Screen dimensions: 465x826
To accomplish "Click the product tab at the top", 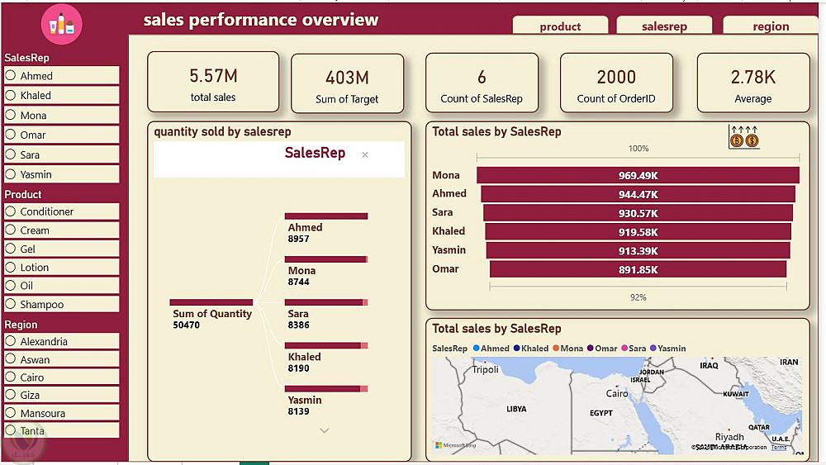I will click(560, 26).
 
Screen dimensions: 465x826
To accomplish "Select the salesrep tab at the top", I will click(664, 26).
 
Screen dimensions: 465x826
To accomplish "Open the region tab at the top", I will click(770, 26).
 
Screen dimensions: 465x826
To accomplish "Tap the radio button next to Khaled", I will click(12, 95).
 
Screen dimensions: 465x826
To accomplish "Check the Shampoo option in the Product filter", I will click(12, 304).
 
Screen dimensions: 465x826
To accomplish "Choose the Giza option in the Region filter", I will click(12, 395).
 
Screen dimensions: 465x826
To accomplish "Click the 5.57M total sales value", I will click(213, 76).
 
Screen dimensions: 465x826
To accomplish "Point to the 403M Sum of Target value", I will click(347, 78).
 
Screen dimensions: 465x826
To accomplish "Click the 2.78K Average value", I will click(752, 77).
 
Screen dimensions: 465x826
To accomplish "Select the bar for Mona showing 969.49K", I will click(638, 175).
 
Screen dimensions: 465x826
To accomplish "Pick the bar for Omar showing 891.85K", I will click(638, 269).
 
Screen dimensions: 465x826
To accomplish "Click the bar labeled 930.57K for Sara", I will click(638, 213).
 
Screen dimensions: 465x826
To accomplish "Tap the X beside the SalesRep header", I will click(365, 154).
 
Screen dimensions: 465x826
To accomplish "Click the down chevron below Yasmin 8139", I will click(324, 430).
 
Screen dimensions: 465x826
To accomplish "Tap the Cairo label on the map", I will click(617, 394).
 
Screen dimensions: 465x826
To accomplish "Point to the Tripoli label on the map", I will click(485, 369).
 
